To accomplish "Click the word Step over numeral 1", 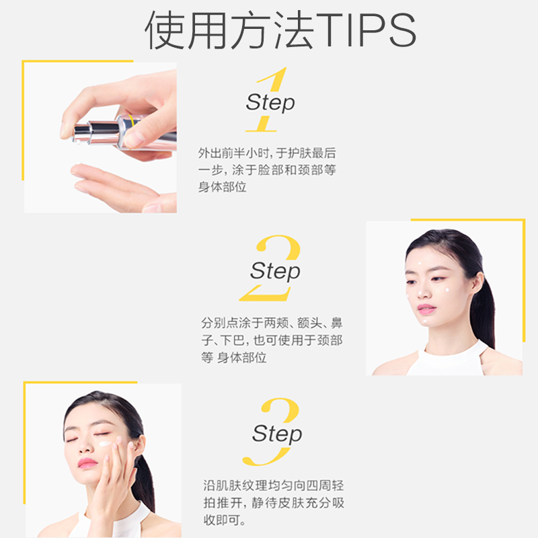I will (x=270, y=103).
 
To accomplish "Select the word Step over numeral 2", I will (x=275, y=271).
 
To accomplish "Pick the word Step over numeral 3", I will (x=276, y=434).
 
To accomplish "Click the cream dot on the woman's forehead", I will (x=420, y=263).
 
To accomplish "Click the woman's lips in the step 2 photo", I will (x=426, y=309).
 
